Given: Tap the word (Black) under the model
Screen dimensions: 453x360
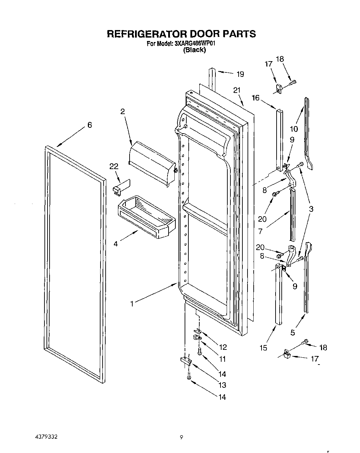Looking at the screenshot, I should pos(194,50).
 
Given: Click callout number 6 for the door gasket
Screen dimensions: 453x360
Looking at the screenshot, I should pos(90,125).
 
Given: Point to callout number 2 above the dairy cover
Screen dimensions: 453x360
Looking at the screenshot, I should pos(122,111).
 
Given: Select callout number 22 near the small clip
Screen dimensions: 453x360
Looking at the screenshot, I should pos(114,166).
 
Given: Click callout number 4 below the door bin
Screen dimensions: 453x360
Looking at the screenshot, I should pos(116,244).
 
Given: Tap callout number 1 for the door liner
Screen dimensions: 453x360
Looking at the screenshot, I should pos(132,303).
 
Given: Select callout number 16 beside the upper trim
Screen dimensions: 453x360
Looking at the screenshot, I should pos(255,98).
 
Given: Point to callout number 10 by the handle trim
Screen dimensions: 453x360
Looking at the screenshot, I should pos(294,129).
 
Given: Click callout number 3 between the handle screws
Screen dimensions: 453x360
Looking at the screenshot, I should pos(311,209).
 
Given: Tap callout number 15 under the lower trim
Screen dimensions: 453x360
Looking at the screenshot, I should pos(263,348).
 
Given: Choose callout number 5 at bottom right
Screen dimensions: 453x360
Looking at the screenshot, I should pos(293,332).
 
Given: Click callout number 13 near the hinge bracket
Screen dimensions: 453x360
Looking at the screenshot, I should pos(222,385).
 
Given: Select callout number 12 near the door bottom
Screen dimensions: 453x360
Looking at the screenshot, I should pos(223,347).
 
